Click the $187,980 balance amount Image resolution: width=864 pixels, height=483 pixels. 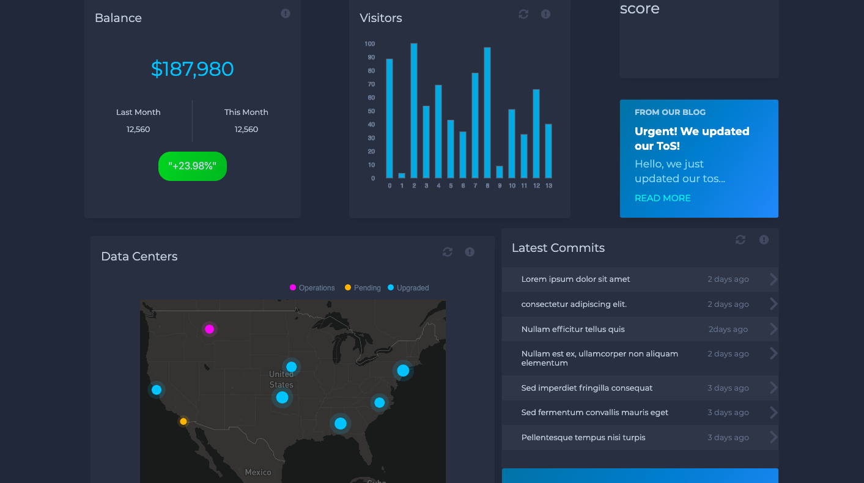(x=192, y=68)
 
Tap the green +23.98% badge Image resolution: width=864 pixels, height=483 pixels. (x=192, y=166)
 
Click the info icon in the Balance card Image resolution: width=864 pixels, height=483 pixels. (x=286, y=13)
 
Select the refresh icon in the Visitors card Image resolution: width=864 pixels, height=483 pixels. (x=523, y=14)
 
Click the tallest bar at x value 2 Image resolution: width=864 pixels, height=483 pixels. (x=414, y=110)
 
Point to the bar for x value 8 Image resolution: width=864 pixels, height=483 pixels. (x=487, y=112)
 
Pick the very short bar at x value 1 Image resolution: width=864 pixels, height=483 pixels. (x=402, y=175)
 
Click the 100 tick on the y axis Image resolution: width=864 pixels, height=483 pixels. (x=369, y=44)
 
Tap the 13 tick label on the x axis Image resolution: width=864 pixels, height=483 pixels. (x=548, y=186)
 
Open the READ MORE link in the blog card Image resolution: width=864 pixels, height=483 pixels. (x=662, y=198)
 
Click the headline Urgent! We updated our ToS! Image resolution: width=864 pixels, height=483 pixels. (x=692, y=139)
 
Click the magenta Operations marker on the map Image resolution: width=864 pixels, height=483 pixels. (x=209, y=329)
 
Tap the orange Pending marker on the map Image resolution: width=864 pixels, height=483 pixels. (x=183, y=421)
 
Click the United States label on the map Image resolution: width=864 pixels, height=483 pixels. (x=281, y=379)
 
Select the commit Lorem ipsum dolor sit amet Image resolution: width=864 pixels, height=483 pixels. (x=575, y=279)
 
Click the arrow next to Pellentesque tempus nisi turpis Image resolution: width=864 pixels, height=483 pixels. (x=774, y=437)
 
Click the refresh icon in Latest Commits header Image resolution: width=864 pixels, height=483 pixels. (x=740, y=240)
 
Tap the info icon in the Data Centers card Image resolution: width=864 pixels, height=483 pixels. (x=470, y=252)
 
